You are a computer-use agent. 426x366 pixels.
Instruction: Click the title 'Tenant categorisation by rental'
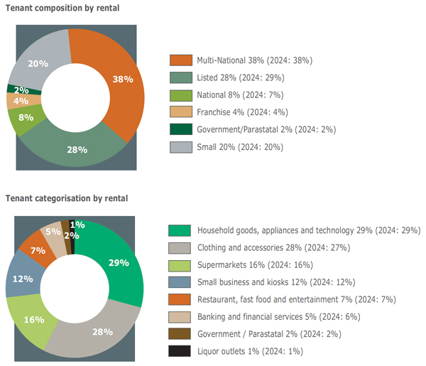pos(67,197)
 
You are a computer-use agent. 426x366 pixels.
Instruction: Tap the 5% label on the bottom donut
pos(51,231)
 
